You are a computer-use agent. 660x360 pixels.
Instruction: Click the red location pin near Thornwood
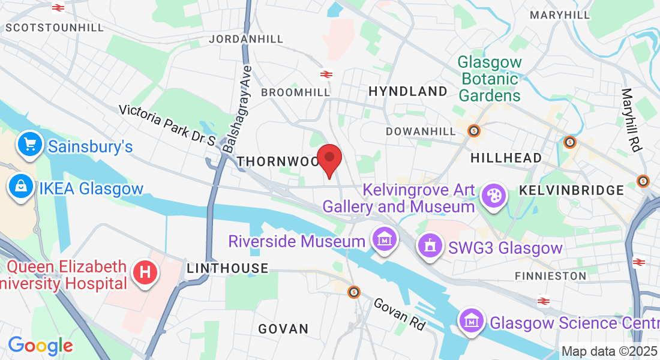[x=329, y=158]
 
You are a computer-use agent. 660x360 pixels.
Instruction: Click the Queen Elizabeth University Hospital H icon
[x=145, y=274]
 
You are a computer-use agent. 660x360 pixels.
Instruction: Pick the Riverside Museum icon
[x=383, y=241]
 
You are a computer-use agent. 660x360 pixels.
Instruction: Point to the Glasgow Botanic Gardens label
[x=490, y=79]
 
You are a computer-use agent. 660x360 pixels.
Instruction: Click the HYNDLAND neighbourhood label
[x=408, y=91]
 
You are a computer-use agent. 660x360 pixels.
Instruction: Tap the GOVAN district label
[x=283, y=329]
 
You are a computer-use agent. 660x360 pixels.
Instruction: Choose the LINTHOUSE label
[x=227, y=268]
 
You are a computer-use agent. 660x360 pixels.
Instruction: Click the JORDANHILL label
[x=246, y=39]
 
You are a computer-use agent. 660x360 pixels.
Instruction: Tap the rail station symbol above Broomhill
[x=326, y=74]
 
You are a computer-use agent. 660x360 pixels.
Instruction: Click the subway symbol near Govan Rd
[x=354, y=292]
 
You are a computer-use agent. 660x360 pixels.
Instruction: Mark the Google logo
[x=40, y=346]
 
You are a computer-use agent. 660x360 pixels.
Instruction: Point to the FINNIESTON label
[x=550, y=275]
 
